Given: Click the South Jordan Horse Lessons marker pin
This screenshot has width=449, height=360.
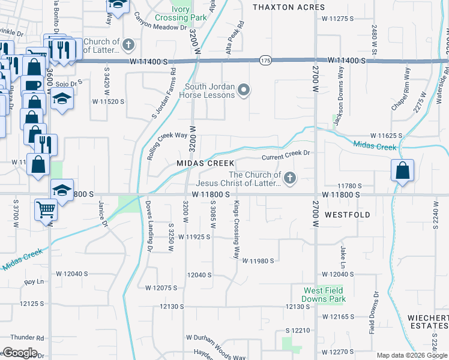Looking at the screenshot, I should pyautogui.click(x=243, y=91).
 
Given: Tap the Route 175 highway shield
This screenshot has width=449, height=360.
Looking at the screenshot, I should pyautogui.click(x=265, y=61).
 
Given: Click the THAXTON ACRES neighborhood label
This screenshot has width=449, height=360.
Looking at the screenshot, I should pyautogui.click(x=289, y=7).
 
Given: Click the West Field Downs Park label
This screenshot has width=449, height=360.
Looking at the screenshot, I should pyautogui.click(x=324, y=295).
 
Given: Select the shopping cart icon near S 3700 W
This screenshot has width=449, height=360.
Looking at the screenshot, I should pyautogui.click(x=46, y=210).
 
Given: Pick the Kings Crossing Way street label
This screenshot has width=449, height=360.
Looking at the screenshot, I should pyautogui.click(x=237, y=230).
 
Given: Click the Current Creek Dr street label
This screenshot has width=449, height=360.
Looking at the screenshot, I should pyautogui.click(x=285, y=154).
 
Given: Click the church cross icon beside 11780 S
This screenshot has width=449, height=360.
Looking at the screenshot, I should pyautogui.click(x=290, y=178).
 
